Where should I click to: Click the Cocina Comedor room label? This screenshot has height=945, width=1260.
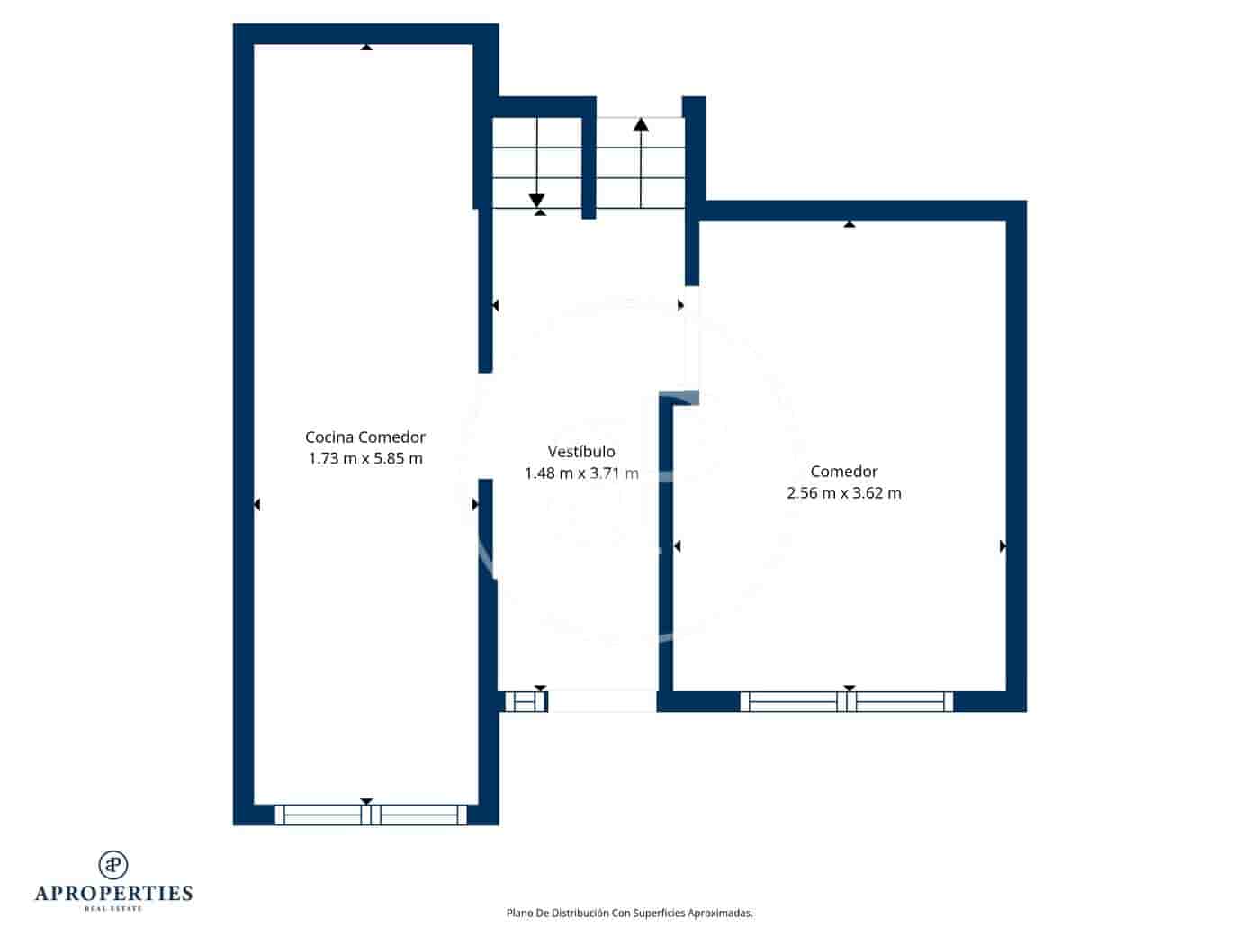click(364, 437)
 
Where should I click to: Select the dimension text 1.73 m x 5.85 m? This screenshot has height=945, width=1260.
click(364, 458)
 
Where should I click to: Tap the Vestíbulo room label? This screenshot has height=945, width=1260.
click(581, 452)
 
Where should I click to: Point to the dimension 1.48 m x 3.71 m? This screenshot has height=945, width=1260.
click(581, 473)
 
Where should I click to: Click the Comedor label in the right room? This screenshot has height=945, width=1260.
click(843, 472)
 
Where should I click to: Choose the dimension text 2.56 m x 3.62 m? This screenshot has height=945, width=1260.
click(843, 493)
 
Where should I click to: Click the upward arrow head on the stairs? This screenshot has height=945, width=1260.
click(641, 125)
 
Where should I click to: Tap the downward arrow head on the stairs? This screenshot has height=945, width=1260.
click(537, 200)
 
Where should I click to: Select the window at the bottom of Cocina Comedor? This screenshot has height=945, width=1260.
click(371, 815)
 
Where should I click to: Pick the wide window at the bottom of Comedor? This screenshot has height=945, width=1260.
click(846, 702)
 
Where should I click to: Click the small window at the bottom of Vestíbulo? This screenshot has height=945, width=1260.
click(524, 701)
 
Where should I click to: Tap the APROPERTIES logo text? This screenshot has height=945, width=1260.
click(113, 893)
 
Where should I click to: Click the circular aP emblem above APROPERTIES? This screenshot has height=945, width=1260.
click(113, 865)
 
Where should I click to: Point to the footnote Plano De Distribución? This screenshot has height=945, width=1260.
click(629, 913)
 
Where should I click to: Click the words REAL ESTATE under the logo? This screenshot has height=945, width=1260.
click(113, 909)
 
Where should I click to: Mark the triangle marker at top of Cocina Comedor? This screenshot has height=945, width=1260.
click(366, 47)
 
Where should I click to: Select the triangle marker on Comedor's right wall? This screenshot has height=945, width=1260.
click(1003, 546)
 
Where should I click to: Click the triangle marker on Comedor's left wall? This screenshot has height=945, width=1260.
click(677, 546)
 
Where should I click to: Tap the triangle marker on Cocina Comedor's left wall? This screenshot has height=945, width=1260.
click(256, 505)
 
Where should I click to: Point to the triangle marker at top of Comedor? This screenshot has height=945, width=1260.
click(849, 224)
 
